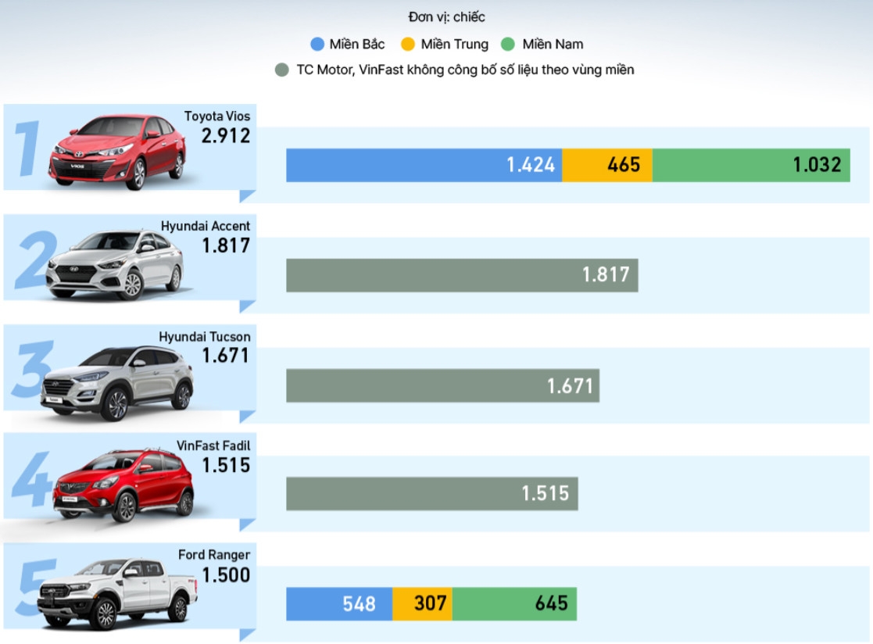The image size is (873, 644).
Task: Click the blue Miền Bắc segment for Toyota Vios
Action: pyautogui.click(x=424, y=165)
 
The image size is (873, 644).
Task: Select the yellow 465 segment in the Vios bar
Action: pyautogui.click(x=607, y=165)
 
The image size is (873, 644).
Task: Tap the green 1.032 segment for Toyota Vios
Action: pyautogui.click(x=751, y=165)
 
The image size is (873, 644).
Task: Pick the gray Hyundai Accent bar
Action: pyautogui.click(x=462, y=275)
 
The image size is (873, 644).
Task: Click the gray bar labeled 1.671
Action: pyautogui.click(x=442, y=385)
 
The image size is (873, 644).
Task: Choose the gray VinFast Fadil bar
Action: pyautogui.click(x=431, y=494)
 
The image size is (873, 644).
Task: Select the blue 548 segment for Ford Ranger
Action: pyautogui.click(x=339, y=603)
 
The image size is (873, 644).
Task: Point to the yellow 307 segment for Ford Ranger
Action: pyautogui.click(x=422, y=603)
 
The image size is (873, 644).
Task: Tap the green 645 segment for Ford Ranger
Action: pyautogui.click(x=514, y=603)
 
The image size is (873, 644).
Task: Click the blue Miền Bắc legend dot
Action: pyautogui.click(x=317, y=45)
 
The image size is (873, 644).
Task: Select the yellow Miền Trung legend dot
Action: pyautogui.click(x=408, y=45)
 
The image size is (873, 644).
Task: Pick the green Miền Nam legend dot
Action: pyautogui.click(x=509, y=45)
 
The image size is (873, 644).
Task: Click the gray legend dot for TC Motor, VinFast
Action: pyautogui.click(x=282, y=70)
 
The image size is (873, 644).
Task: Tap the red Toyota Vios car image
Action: pyautogui.click(x=117, y=152)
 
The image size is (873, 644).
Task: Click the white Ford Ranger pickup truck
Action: pyautogui.click(x=117, y=592)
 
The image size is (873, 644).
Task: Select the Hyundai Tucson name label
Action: pyautogui.click(x=205, y=337)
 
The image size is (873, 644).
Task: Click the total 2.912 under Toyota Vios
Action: pyautogui.click(x=226, y=136)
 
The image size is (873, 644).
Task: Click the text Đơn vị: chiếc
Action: pyautogui.click(x=446, y=17)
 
